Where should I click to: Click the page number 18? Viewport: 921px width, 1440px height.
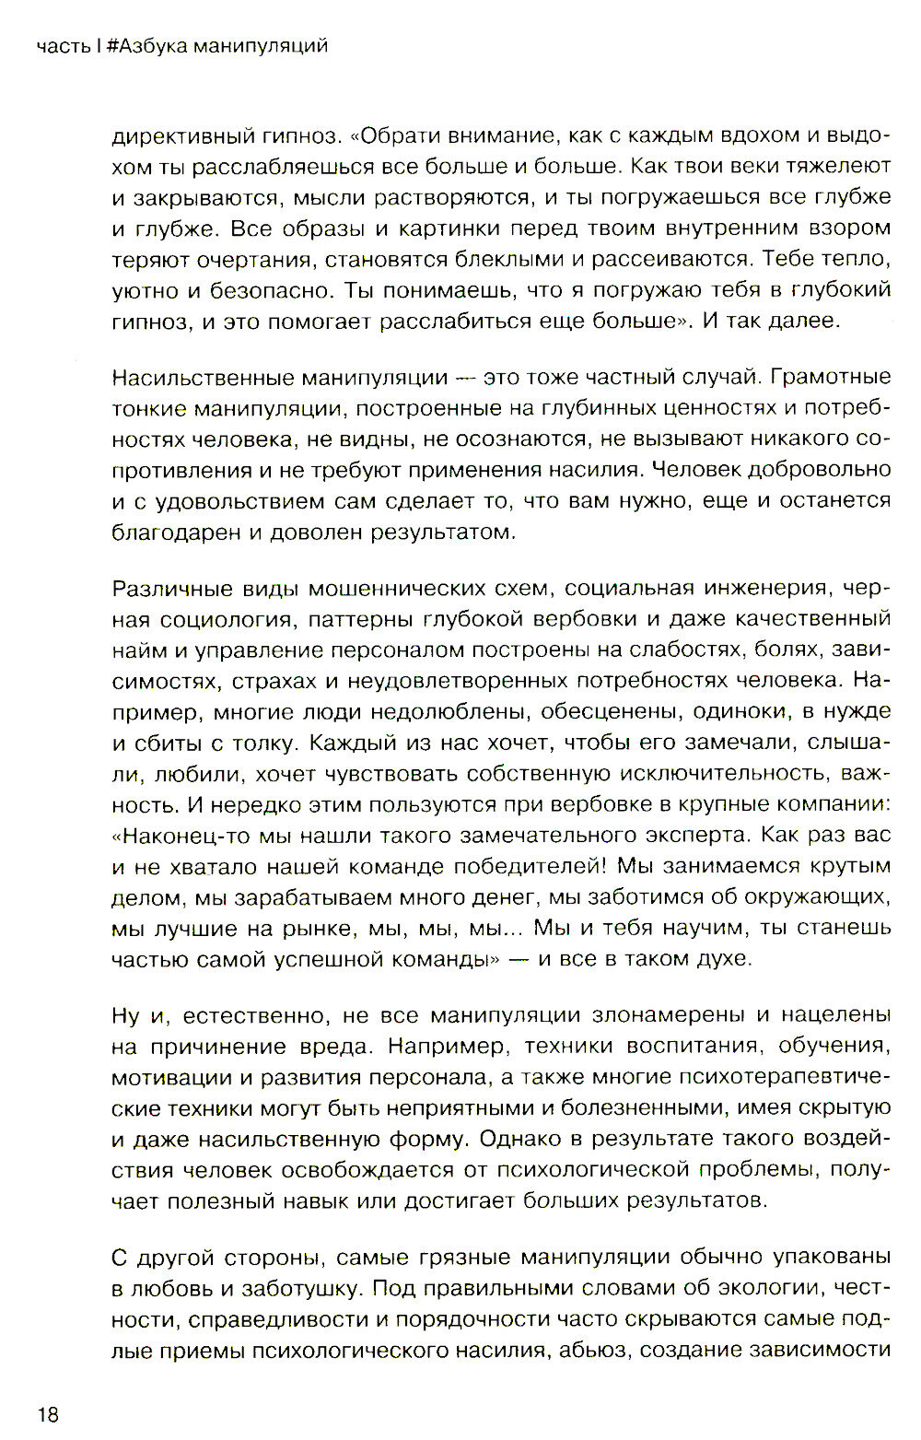tap(48, 1413)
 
